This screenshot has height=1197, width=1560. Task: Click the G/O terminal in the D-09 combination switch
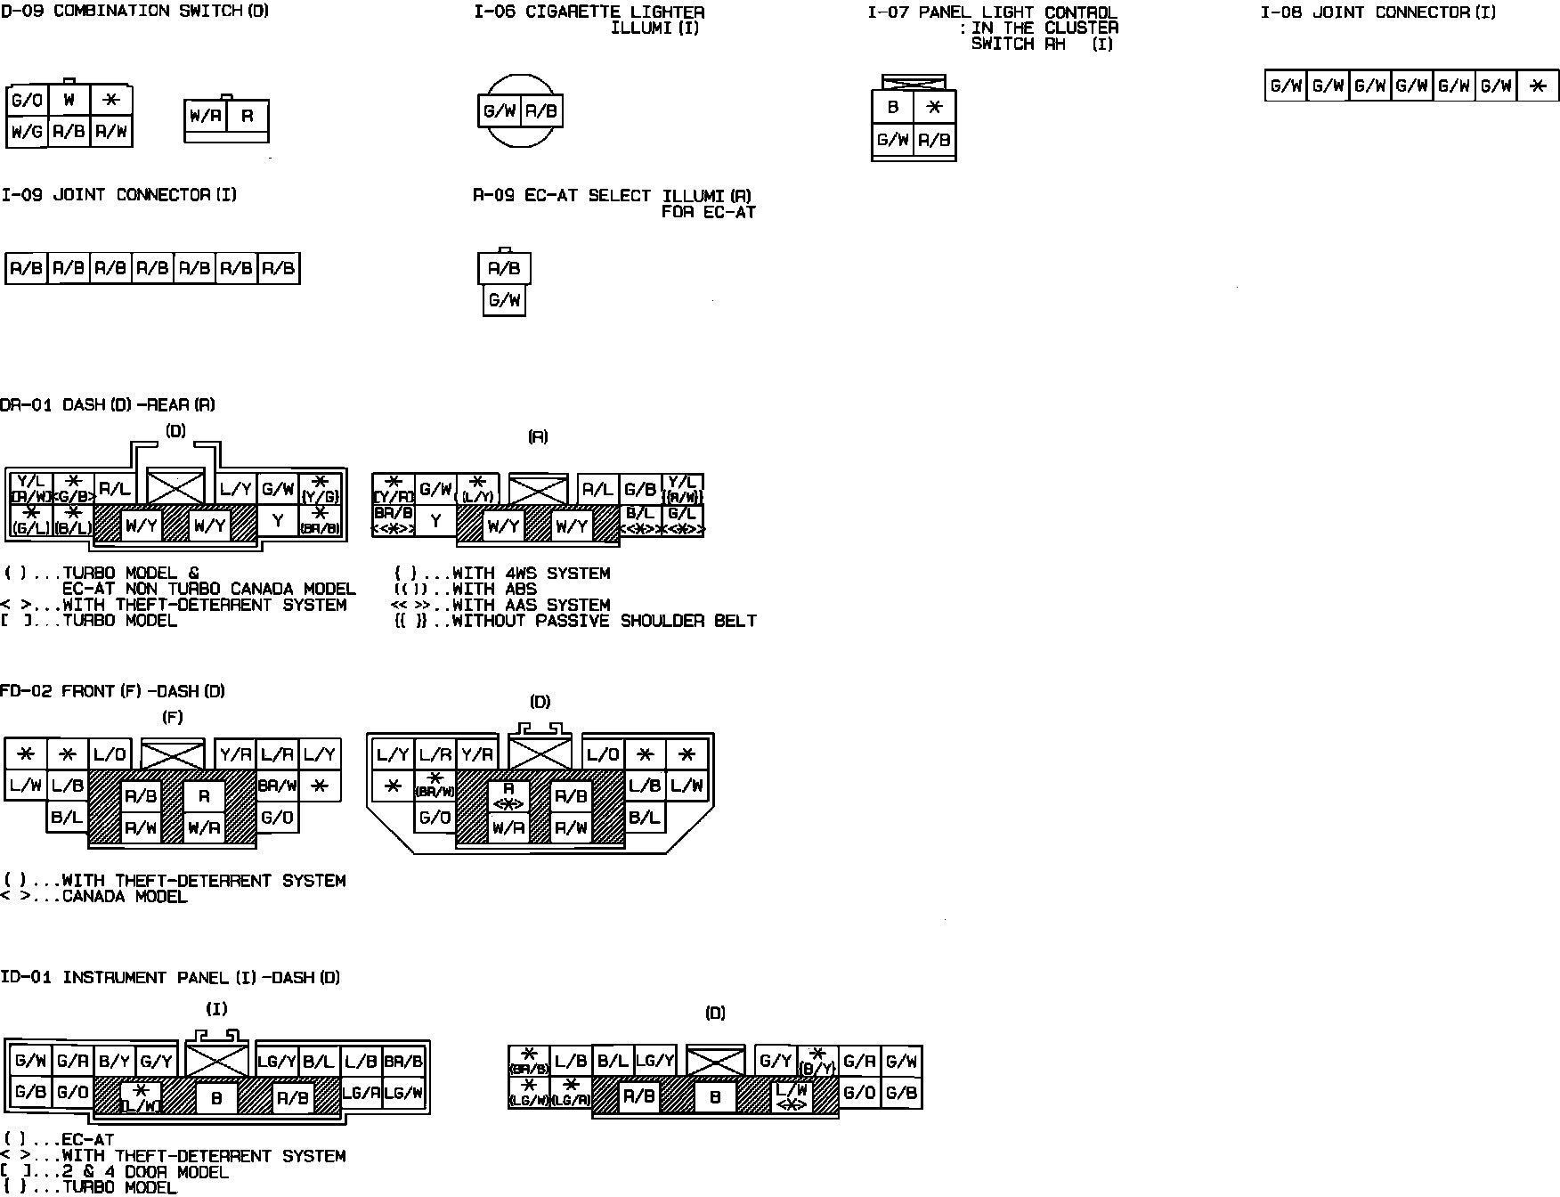pyautogui.click(x=27, y=101)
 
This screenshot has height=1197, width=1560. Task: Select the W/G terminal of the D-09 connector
pyautogui.click(x=27, y=133)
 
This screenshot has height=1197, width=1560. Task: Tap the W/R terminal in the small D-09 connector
pyautogui.click(x=205, y=116)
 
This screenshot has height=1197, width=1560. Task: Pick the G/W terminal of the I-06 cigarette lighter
pyautogui.click(x=500, y=111)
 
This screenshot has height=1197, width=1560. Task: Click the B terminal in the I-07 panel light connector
pyautogui.click(x=893, y=108)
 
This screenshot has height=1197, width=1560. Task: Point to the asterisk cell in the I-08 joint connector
pyautogui.click(x=1537, y=86)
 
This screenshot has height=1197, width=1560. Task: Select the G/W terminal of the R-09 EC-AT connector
pyautogui.click(x=504, y=300)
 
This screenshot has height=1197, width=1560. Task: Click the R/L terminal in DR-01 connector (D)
pyautogui.click(x=115, y=488)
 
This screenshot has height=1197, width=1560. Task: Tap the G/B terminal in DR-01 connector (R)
pyautogui.click(x=640, y=489)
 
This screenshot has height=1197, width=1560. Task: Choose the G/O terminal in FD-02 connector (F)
pyautogui.click(x=277, y=817)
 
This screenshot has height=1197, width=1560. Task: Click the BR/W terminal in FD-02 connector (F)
pyautogui.click(x=277, y=786)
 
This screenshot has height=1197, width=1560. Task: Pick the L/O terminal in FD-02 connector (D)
pyautogui.click(x=603, y=754)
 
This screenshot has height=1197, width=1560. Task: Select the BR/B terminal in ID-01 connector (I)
pyautogui.click(x=404, y=1061)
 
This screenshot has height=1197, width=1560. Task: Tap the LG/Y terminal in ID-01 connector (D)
pyautogui.click(x=654, y=1061)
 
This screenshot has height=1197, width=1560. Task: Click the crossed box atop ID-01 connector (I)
pyautogui.click(x=217, y=1059)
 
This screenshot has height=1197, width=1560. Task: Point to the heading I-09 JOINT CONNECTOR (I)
pyautogui.click(x=118, y=195)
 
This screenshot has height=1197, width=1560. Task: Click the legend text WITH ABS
pyautogui.click(x=494, y=589)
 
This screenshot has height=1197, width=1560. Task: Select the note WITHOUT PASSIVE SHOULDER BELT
pyautogui.click(x=604, y=621)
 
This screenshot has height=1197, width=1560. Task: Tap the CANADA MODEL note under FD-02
pyautogui.click(x=125, y=897)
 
